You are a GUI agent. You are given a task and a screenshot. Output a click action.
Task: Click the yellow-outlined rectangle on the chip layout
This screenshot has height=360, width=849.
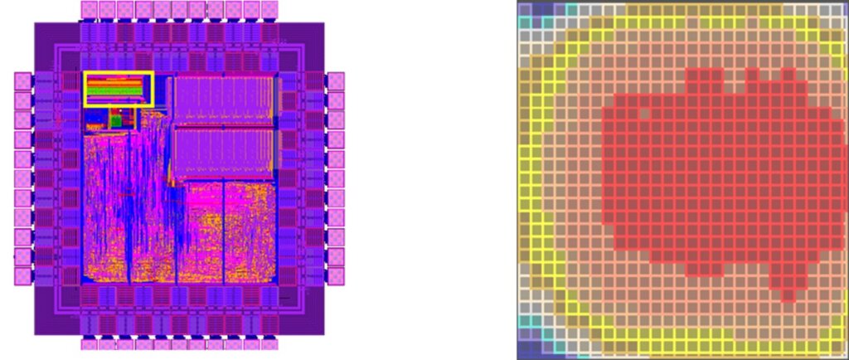[119, 89]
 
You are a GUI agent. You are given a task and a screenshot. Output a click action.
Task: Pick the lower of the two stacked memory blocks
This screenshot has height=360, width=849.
[223, 153]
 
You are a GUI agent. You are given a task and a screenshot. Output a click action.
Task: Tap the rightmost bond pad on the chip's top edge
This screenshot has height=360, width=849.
[270, 10]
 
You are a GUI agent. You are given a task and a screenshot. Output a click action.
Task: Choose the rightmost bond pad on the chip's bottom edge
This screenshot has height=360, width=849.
[270, 343]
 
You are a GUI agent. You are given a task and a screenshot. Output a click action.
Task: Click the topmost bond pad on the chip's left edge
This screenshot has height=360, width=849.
[23, 81]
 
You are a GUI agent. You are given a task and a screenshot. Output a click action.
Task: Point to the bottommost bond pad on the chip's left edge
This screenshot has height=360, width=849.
[23, 276]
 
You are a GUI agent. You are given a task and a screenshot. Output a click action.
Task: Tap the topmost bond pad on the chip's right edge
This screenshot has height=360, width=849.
[336, 81]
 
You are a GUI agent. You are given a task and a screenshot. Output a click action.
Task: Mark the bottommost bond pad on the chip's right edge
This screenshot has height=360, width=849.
[336, 276]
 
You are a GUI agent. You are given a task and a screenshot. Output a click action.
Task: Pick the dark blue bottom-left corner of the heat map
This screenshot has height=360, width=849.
[526, 348]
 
